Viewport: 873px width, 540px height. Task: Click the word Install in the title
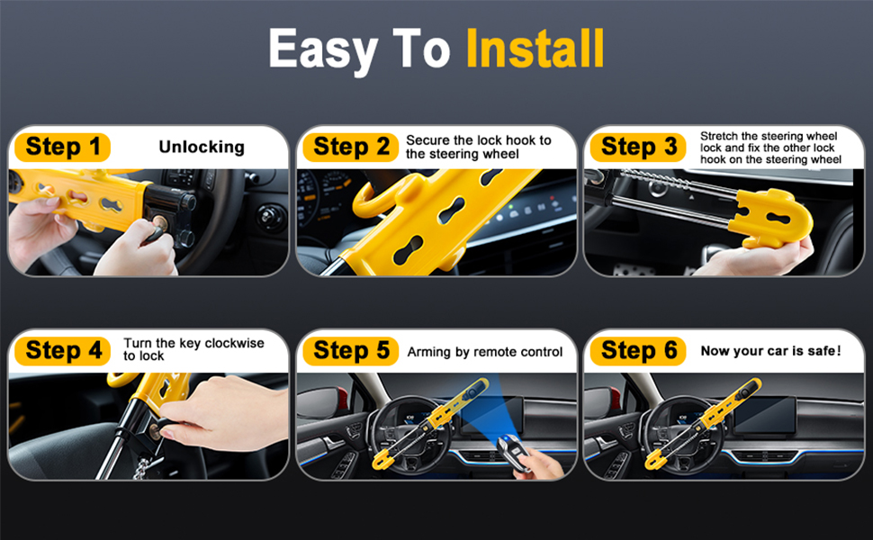point(535,49)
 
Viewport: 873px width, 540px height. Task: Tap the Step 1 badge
point(62,147)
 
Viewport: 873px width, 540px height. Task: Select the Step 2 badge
point(351,147)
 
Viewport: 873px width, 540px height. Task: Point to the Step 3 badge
point(639,147)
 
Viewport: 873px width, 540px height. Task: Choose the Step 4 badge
point(63,351)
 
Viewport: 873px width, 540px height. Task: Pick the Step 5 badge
point(351,351)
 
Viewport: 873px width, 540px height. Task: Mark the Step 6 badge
point(639,351)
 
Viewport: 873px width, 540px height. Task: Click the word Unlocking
point(202,147)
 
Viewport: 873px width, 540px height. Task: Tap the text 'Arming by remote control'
point(485,352)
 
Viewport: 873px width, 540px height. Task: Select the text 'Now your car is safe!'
point(771,351)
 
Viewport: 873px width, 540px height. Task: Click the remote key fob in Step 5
point(512,452)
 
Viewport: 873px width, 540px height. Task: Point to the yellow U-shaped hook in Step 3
point(771,218)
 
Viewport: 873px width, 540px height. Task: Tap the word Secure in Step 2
point(427,140)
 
